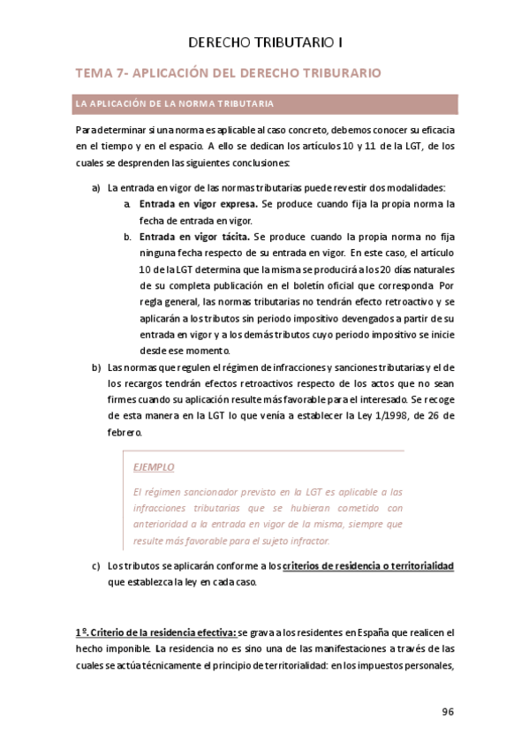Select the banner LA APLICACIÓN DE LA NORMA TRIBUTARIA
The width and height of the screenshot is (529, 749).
coord(175,104)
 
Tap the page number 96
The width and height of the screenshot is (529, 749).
coord(447,712)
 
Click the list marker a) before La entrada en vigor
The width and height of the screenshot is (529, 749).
coord(96,188)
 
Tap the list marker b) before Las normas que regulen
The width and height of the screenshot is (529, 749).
coord(96,367)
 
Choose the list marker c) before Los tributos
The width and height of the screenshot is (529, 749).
coord(96,566)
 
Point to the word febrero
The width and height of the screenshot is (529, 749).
coord(124,434)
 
